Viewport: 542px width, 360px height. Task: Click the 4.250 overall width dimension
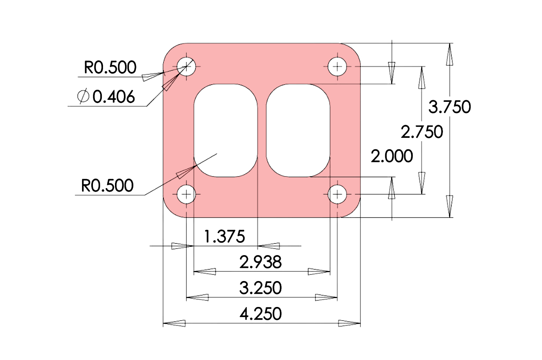261,314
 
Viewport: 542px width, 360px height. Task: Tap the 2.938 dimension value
261,262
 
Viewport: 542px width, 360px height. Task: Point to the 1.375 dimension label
225,237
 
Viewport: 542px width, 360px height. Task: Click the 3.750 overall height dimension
449,107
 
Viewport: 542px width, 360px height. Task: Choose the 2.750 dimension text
422,132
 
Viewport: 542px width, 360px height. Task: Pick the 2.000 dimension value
392,156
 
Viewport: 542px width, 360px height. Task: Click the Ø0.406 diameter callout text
106,96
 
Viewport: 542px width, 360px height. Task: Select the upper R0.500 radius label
110,68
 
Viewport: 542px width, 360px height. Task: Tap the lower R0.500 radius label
107,186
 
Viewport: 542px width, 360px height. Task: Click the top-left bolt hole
187,67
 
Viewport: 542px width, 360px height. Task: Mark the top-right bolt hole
338,67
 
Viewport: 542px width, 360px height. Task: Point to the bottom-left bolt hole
187,194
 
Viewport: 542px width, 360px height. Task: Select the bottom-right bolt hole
338,194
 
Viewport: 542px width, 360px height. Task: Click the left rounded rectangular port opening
226,130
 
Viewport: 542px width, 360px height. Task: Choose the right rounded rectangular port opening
298,130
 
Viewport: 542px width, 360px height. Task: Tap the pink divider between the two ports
262,130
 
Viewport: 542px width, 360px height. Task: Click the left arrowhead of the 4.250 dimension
174,323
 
